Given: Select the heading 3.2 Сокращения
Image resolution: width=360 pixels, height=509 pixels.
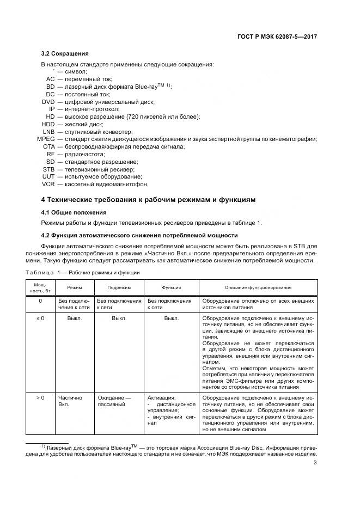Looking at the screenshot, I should [x=65, y=54].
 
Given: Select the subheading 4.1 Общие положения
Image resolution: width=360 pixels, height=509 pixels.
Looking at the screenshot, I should [x=74, y=212].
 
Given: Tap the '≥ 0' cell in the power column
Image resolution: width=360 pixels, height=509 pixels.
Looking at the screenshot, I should [x=40, y=317].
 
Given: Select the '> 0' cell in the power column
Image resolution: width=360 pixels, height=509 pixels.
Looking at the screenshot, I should [x=40, y=398].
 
